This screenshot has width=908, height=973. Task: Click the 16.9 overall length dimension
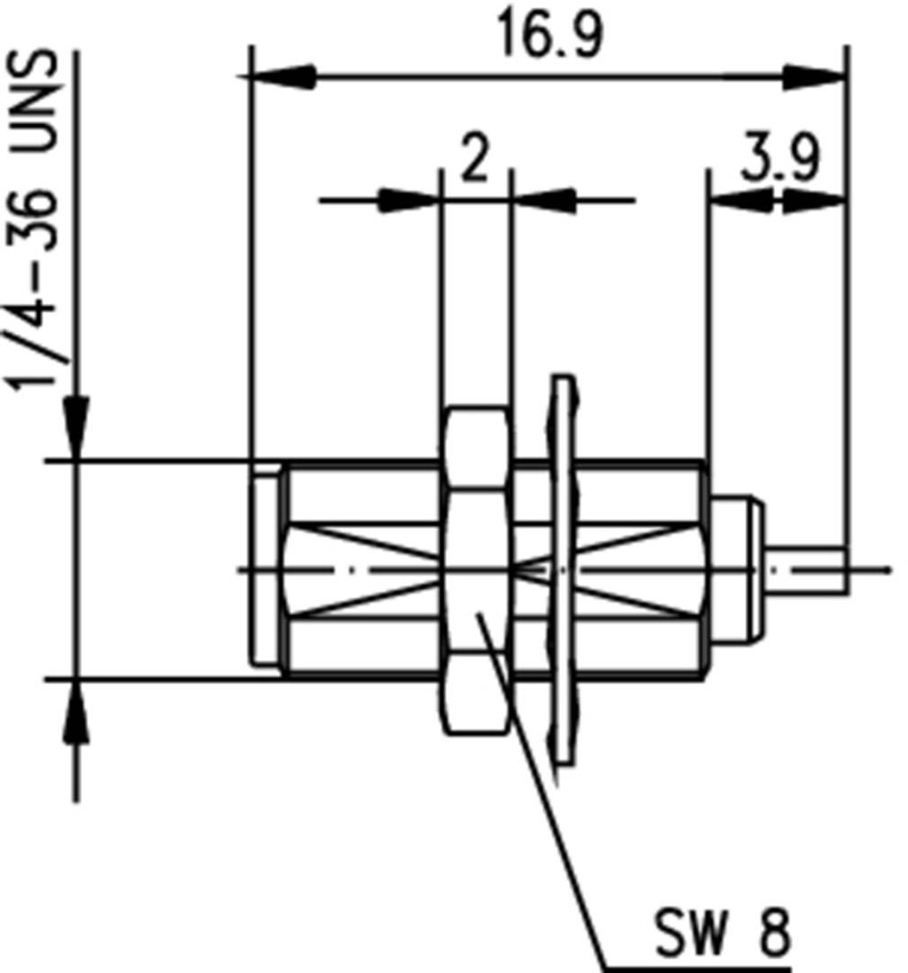(x=550, y=36)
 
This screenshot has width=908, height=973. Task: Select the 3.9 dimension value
(x=780, y=158)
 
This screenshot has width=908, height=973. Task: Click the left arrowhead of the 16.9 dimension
(x=283, y=77)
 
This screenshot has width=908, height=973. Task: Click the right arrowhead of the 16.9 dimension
(x=814, y=77)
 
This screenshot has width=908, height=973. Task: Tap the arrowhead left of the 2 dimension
(x=409, y=200)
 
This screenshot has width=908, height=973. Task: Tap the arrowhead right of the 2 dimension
(x=544, y=200)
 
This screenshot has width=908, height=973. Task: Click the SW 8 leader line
(x=548, y=791)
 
